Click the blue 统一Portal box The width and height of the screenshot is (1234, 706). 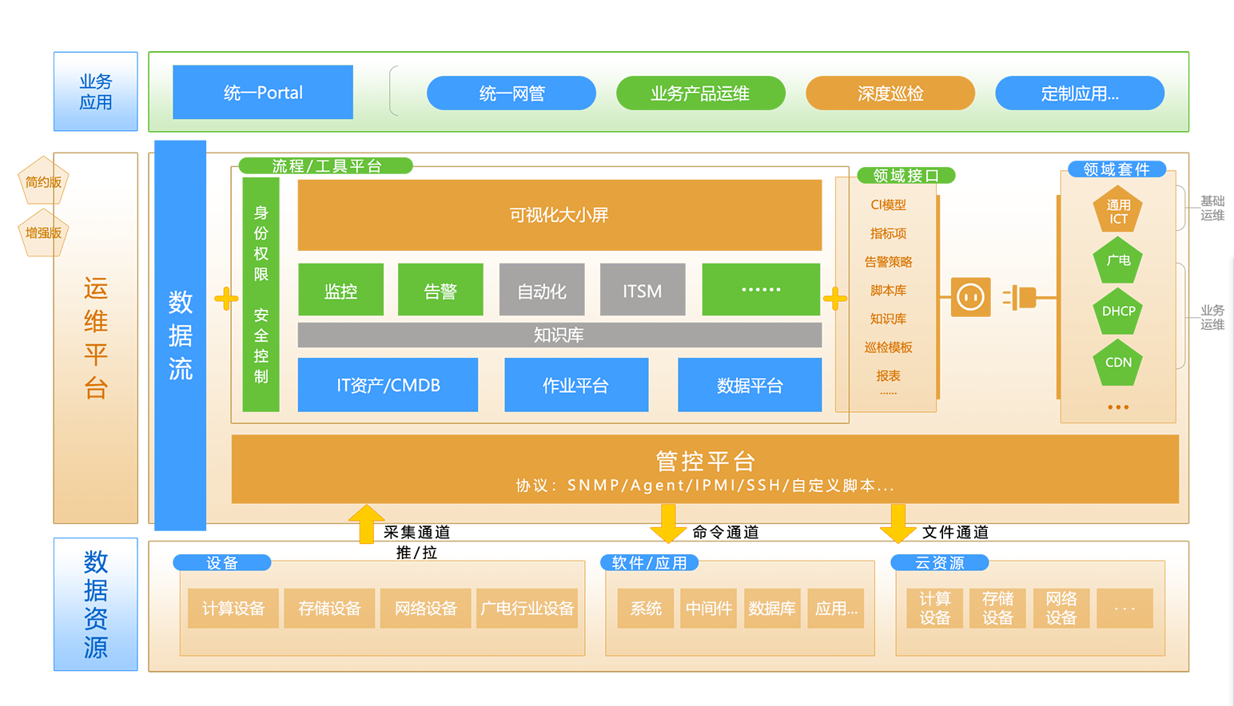[x=263, y=93]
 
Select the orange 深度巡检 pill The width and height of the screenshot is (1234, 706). [x=890, y=93]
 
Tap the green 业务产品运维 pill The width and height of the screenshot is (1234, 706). [x=700, y=93]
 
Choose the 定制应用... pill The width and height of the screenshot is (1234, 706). [x=1079, y=93]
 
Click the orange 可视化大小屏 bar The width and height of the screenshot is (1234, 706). [x=559, y=215]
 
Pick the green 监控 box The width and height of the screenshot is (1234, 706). [x=340, y=290]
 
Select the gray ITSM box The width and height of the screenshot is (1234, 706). [x=643, y=290]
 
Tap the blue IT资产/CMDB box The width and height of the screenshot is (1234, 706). [x=388, y=385]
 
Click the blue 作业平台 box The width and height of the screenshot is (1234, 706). [x=576, y=385]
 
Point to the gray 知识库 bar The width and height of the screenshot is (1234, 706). [x=559, y=335]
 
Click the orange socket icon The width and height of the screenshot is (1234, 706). [x=970, y=297]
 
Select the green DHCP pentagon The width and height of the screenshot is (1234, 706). [x=1118, y=311]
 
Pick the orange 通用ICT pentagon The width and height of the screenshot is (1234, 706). [x=1118, y=211]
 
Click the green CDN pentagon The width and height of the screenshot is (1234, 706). [x=1118, y=363]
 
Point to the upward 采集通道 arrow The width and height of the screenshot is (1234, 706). [x=367, y=524]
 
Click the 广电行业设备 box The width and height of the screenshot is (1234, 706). [x=527, y=609]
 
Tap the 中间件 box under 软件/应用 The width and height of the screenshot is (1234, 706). [x=709, y=609]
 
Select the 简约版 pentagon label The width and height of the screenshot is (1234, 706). [x=43, y=182]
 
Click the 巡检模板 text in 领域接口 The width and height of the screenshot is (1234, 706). [x=888, y=347]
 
